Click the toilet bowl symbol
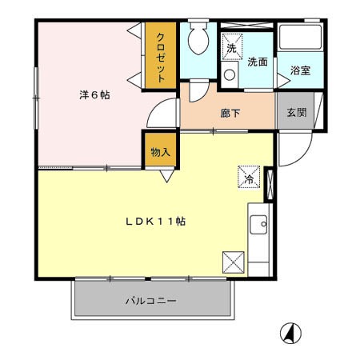tap(198, 38)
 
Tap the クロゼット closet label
tap(161, 58)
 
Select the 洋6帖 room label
tap(94, 95)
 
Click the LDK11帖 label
tap(156, 221)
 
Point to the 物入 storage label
tap(160, 152)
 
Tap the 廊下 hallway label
tap(230, 114)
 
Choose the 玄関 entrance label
tap(297, 112)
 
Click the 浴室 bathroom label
tap(300, 70)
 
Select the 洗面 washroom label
tap(258, 62)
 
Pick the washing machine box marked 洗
tap(232, 46)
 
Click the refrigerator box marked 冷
tap(249, 177)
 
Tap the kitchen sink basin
tap(258, 225)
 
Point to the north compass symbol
tap(290, 334)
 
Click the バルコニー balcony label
tap(151, 301)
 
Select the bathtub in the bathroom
tap(300, 37)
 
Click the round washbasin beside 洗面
tap(230, 75)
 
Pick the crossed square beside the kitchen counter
tap(234, 262)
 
